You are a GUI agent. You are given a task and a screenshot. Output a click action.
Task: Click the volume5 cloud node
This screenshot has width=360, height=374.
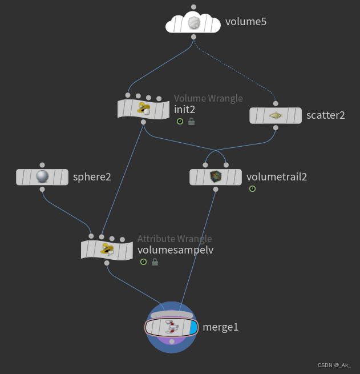coord(193,23)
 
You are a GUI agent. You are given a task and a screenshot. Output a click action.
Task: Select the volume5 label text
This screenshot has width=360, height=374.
coord(246,23)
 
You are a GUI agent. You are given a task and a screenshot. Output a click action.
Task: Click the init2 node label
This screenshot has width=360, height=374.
coord(185,108)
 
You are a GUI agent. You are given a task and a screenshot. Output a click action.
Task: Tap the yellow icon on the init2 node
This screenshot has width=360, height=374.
coord(144,108)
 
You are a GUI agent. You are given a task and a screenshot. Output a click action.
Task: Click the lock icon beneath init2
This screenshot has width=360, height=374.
coord(191,122)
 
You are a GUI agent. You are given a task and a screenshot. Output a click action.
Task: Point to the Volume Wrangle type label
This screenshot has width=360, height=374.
coord(208,98)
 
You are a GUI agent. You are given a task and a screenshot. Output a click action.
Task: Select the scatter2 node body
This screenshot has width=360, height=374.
coord(275,115)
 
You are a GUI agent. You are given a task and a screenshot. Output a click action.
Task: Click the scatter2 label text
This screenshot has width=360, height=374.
coord(326,115)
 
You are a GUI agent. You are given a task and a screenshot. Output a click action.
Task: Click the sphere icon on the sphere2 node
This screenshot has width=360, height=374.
coord(42,176)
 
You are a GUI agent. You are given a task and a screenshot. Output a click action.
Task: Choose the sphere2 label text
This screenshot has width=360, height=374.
coord(92,176)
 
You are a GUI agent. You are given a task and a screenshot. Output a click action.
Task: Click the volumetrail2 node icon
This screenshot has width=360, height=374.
coord(216,176)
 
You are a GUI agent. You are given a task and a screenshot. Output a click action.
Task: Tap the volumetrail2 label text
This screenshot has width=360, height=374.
coord(277,176)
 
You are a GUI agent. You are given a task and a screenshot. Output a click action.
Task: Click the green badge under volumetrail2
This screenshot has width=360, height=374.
coord(252,189)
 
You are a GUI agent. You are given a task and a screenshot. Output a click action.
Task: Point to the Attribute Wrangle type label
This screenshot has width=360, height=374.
coord(175,239)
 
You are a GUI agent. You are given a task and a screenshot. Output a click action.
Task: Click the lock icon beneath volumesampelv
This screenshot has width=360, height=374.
coord(155,262)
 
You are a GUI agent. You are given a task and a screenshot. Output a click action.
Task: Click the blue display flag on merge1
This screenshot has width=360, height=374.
coord(193,327)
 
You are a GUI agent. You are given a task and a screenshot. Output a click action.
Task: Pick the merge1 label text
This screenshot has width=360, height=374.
coord(221,327)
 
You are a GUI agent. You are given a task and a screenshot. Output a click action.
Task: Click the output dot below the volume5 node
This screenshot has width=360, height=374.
coord(194,37)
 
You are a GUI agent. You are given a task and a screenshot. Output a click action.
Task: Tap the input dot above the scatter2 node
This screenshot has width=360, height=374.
coord(275,103)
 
